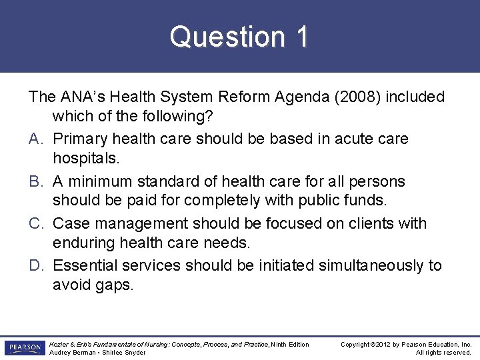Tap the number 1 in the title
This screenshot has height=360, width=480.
pyautogui.click(x=302, y=37)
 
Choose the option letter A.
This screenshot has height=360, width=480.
pyautogui.click(x=36, y=139)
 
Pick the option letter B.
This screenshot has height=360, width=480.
pyautogui.click(x=36, y=181)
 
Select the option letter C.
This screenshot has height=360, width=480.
pyautogui.click(x=36, y=223)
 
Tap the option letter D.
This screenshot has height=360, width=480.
pyautogui.click(x=36, y=265)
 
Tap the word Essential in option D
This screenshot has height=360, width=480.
pyautogui.click(x=84, y=265)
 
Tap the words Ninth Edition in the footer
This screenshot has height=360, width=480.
pyautogui.click(x=290, y=344)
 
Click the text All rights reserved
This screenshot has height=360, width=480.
pyautogui.click(x=444, y=353)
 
